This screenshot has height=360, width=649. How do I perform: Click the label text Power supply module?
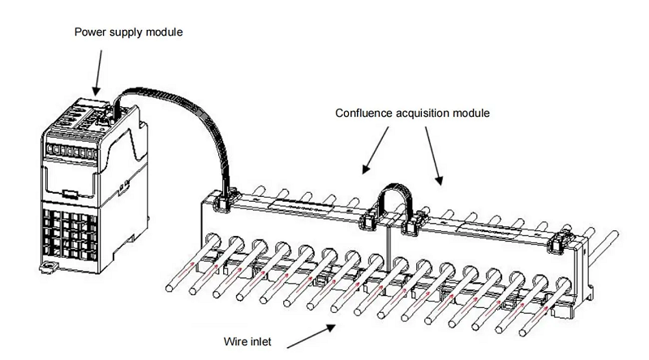(x=128, y=32)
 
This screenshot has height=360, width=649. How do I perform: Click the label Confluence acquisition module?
(x=412, y=113)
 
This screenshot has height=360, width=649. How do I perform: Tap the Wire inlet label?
(x=247, y=342)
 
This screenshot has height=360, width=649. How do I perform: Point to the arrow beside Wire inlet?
(x=312, y=336)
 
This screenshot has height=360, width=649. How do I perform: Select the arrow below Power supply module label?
(x=98, y=73)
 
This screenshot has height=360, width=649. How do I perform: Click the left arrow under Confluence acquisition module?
(x=376, y=150)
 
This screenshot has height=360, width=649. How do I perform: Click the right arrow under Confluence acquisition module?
(x=434, y=156)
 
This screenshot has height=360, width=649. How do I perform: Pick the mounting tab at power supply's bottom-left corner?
(x=49, y=267)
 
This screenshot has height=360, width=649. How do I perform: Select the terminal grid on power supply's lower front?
(x=70, y=234)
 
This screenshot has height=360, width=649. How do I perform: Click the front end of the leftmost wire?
(x=170, y=287)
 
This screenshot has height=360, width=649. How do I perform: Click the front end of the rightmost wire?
(x=523, y=332)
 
